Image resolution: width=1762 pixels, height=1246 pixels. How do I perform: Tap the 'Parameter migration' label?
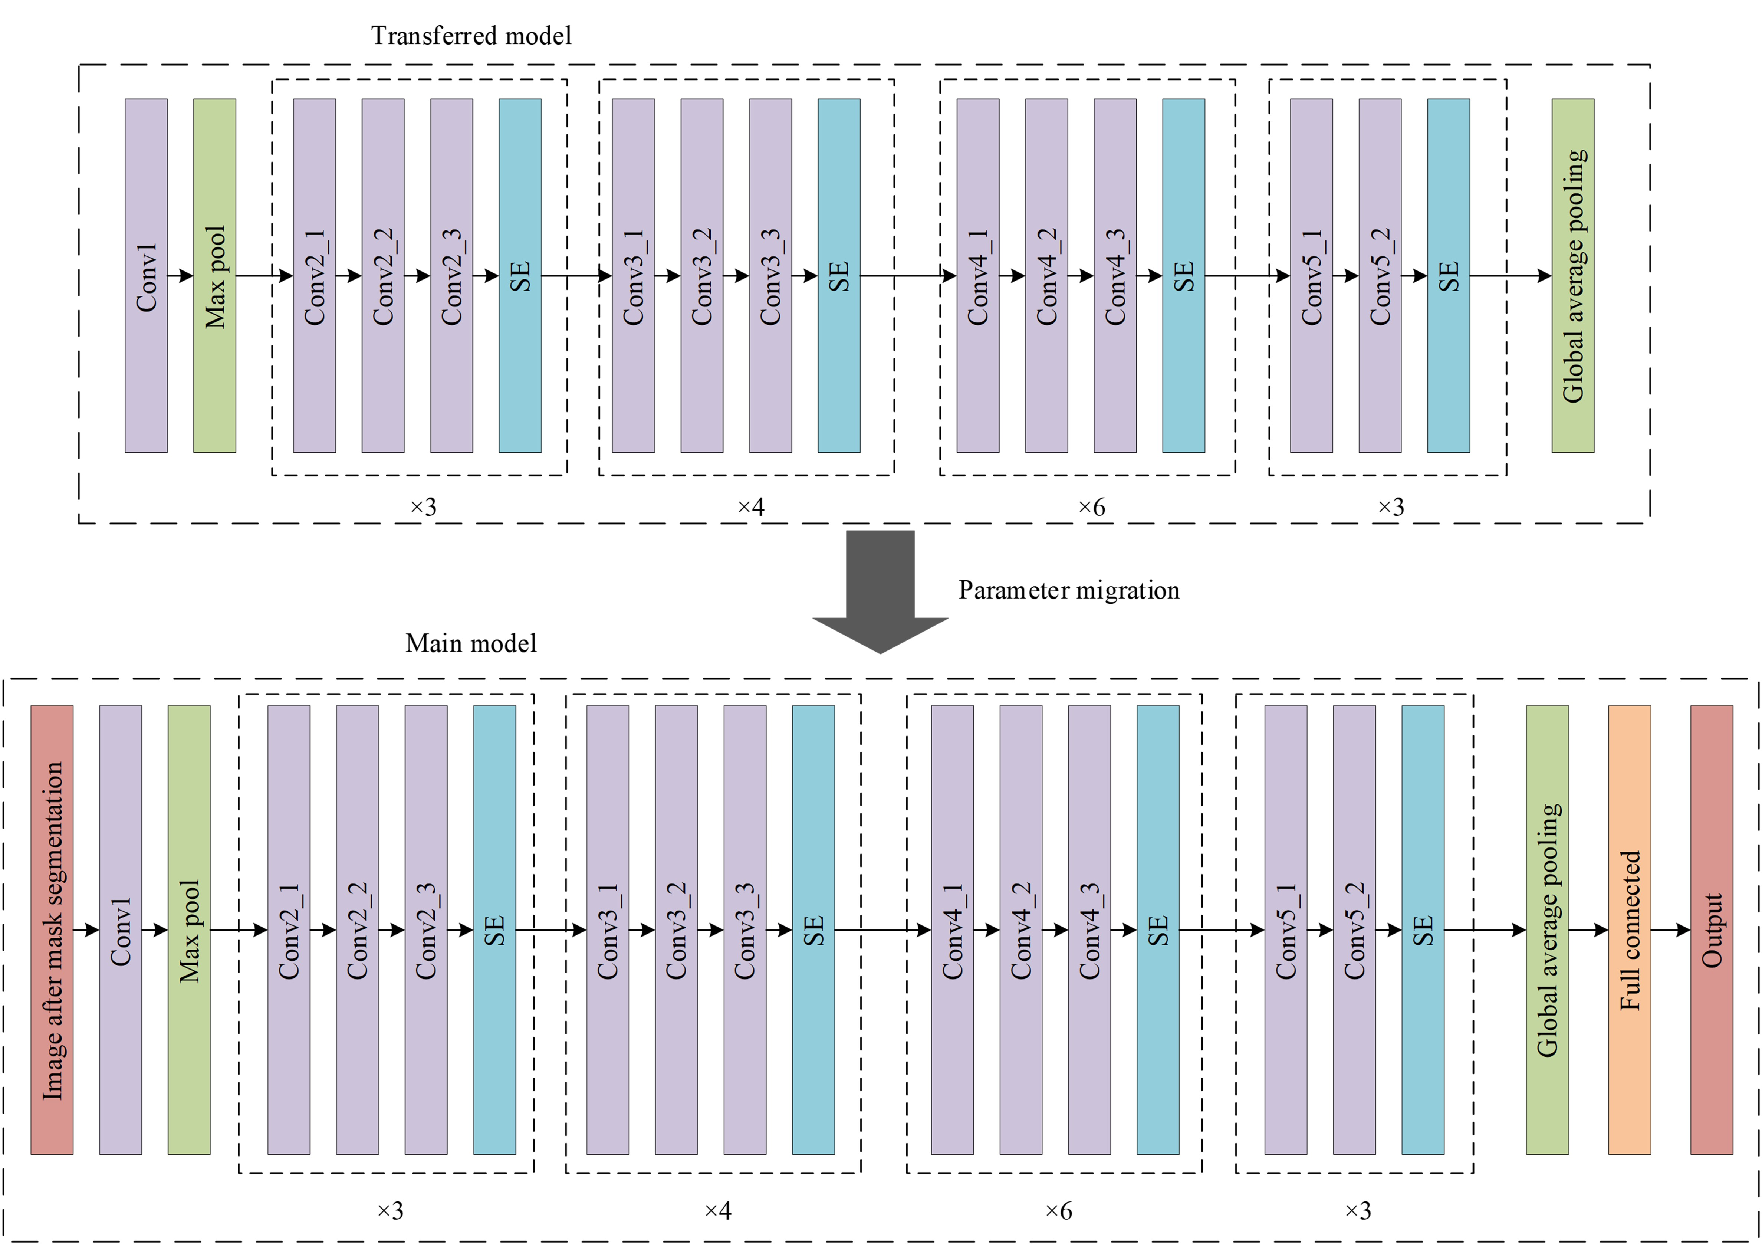1068,590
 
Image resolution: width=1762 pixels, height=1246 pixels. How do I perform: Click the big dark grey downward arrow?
880,591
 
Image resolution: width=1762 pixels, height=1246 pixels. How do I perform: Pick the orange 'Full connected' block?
1629,930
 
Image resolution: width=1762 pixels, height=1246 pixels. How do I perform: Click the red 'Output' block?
1711,930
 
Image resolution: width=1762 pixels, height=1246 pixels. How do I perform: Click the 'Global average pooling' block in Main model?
1547,930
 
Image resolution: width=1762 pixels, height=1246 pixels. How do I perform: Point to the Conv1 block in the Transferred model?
146,276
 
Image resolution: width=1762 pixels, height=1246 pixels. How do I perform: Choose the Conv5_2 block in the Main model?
1354,930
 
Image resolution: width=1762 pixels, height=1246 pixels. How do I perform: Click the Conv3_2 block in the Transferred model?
701,276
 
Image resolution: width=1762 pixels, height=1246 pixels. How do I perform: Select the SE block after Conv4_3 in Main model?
1157,930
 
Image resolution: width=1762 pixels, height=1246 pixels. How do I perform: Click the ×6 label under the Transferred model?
1091,508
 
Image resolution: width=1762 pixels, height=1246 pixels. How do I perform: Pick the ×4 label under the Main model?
717,1211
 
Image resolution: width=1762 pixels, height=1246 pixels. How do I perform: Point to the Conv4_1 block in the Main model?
952,930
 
